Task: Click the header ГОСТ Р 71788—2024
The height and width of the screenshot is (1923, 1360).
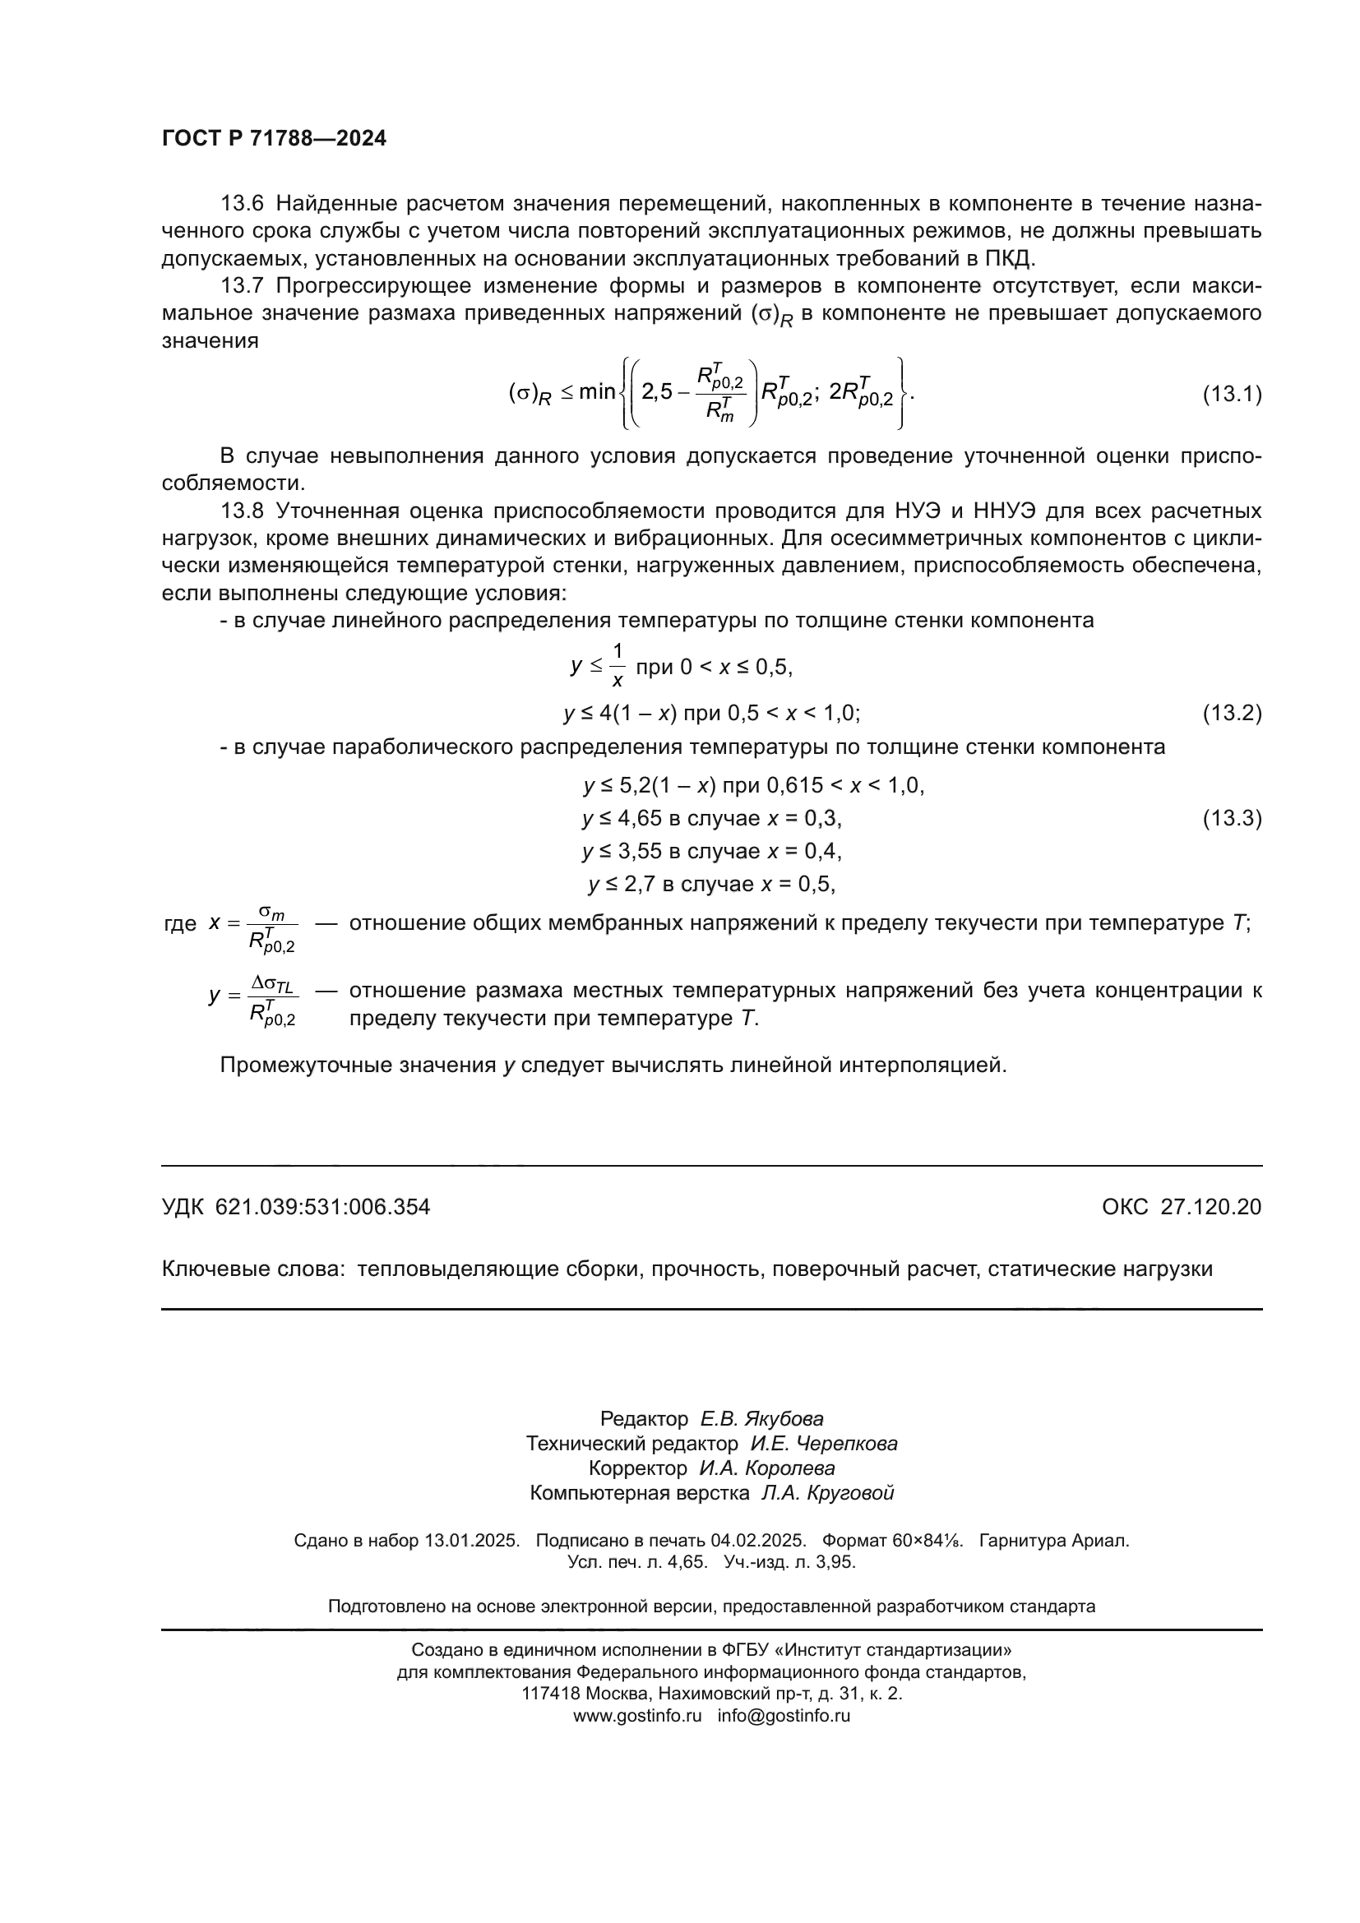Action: click(274, 139)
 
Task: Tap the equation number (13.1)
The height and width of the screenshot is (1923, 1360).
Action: click(1232, 394)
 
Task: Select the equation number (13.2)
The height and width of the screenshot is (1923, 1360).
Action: click(1232, 713)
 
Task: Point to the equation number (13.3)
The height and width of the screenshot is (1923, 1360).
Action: click(1232, 818)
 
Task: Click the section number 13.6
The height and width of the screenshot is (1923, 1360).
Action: click(242, 204)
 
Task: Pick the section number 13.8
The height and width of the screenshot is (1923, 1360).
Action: click(242, 511)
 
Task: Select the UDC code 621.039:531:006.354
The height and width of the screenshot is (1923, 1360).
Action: click(322, 1207)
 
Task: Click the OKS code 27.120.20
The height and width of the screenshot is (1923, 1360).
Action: click(1211, 1207)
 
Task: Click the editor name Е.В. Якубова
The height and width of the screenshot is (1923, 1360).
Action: click(762, 1419)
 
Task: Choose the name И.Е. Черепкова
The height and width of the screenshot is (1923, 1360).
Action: click(824, 1443)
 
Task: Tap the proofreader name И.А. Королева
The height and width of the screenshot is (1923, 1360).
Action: click(767, 1468)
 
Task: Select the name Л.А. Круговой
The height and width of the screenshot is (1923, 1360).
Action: click(827, 1492)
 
